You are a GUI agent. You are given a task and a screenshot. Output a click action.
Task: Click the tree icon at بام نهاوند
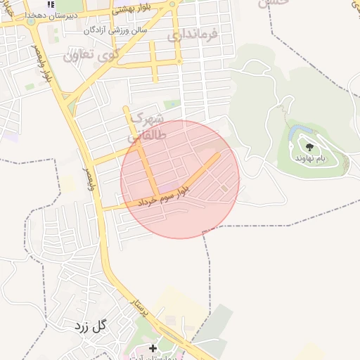click(x=309, y=147)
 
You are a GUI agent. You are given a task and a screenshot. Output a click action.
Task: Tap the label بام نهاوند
click(x=309, y=159)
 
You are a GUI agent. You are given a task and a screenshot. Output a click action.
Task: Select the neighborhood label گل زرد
click(x=90, y=326)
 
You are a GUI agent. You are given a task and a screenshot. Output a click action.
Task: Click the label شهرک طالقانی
click(x=146, y=127)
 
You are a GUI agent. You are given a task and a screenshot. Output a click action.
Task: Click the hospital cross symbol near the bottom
click(x=153, y=348)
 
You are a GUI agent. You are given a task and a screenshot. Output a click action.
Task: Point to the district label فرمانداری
click(x=194, y=34)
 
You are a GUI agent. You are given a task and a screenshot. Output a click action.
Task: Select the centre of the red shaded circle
click(x=180, y=179)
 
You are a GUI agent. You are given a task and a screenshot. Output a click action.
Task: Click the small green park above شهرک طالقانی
click(x=167, y=105)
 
